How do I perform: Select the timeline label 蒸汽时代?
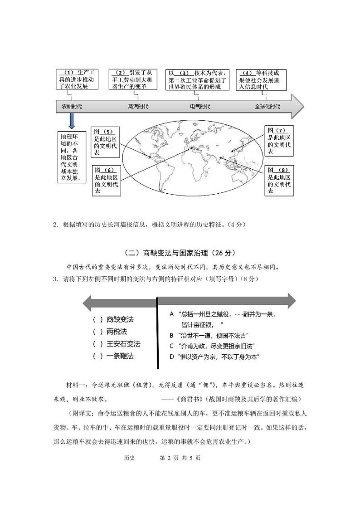pyautogui.click(x=138, y=106)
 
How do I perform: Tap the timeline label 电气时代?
pyautogui.click(x=200, y=106)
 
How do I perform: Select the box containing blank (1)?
pyautogui.click(x=78, y=79)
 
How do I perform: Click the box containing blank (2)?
pyautogui.click(x=133, y=79)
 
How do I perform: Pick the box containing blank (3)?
pyautogui.click(x=198, y=79)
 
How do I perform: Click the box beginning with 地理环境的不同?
pyautogui.click(x=71, y=157)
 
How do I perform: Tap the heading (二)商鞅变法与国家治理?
pyautogui.click(x=180, y=253)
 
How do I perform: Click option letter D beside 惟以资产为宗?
pyautogui.click(x=172, y=357)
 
